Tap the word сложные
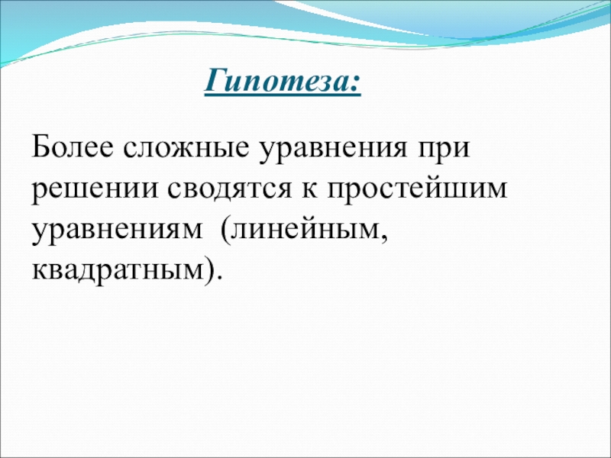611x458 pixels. point(186,149)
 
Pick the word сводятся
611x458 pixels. point(230,189)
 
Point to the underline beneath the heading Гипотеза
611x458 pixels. point(283,94)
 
